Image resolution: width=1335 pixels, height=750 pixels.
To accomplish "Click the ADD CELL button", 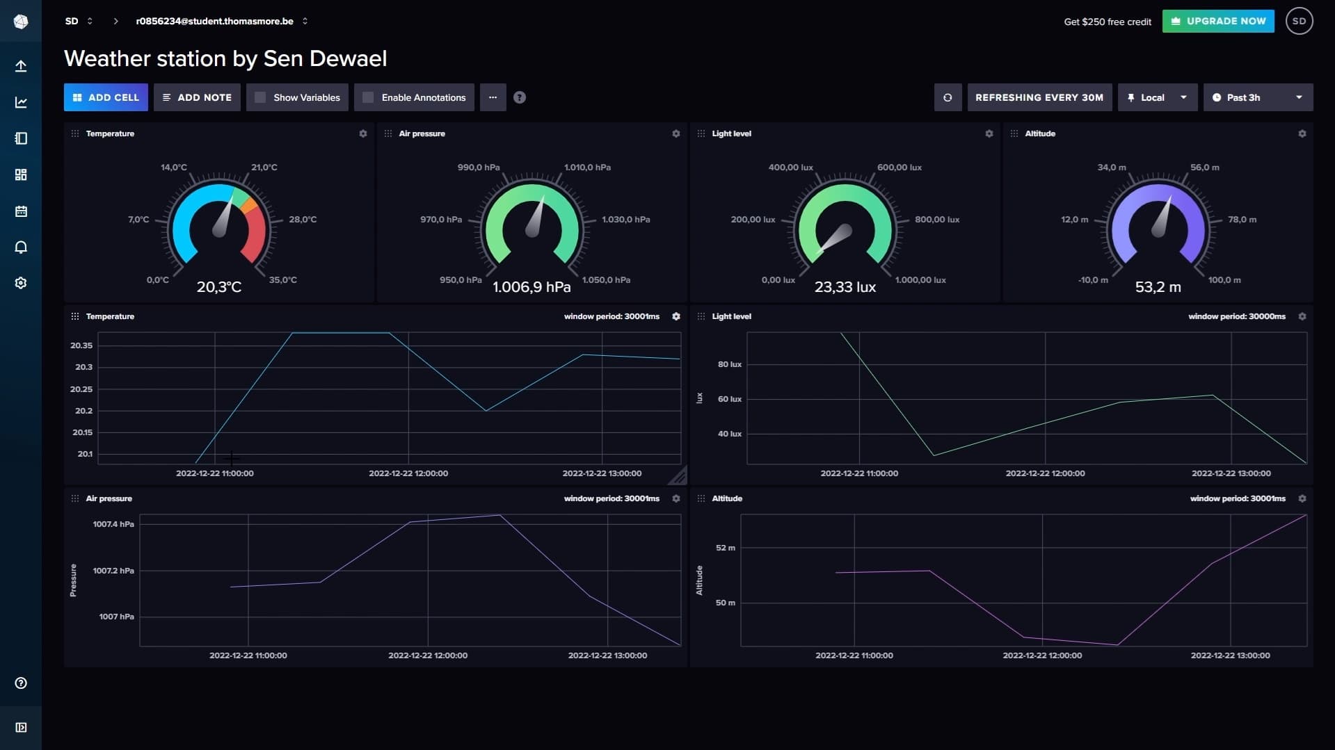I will point(106,97).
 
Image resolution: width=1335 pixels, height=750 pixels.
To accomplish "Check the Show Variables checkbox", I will point(260,97).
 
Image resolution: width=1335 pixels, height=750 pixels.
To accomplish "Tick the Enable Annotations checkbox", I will point(369,97).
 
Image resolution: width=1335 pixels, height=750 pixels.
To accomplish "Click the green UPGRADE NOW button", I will point(1217,21).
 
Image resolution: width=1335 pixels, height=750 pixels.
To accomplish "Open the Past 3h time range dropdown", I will point(1257,97).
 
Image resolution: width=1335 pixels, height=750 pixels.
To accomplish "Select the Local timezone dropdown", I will point(1156,97).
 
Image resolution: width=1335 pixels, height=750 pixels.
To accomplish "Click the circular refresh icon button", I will point(947,97).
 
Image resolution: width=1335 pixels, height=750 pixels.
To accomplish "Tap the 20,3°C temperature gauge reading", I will point(218,287).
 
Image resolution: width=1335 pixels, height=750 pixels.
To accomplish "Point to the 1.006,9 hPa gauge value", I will point(531,287).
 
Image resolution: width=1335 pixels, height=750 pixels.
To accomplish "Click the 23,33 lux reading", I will point(845,287).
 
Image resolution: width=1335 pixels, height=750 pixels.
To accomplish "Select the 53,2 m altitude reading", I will point(1158,287).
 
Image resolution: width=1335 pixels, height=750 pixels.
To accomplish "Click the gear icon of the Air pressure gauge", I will point(676,133).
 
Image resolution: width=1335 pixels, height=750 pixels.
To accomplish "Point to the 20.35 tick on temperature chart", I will point(81,345).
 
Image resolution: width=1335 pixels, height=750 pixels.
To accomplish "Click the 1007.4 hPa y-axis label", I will point(113,524).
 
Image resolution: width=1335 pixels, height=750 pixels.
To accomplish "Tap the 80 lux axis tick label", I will point(729,364).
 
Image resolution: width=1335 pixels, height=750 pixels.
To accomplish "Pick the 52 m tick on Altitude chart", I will point(725,548).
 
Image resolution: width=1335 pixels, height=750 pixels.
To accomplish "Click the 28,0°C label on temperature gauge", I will point(303,220).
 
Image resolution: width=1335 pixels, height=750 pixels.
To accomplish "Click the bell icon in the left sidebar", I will point(21,247).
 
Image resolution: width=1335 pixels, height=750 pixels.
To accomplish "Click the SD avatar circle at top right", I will point(1298,21).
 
